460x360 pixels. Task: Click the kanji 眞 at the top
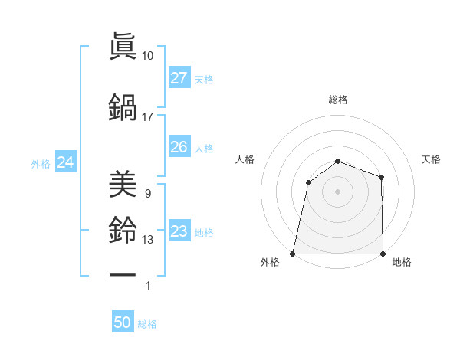point(123,47)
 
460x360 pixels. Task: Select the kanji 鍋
point(123,108)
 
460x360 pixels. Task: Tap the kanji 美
point(123,185)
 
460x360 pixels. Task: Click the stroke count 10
point(148,56)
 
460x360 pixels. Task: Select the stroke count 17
point(148,117)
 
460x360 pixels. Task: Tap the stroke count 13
point(148,240)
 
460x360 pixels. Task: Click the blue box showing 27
point(179,78)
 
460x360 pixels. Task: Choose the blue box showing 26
point(179,147)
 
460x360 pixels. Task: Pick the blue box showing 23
point(179,231)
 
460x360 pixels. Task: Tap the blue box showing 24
point(65,162)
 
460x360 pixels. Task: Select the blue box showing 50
point(123,323)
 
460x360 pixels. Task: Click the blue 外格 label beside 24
point(41,163)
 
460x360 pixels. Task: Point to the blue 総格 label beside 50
point(147,324)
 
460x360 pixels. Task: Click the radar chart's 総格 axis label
point(337,100)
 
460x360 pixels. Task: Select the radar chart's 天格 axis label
point(432,159)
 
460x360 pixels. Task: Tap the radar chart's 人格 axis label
point(245,159)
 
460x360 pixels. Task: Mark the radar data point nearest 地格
point(383,253)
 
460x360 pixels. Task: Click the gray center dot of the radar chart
point(337,191)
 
